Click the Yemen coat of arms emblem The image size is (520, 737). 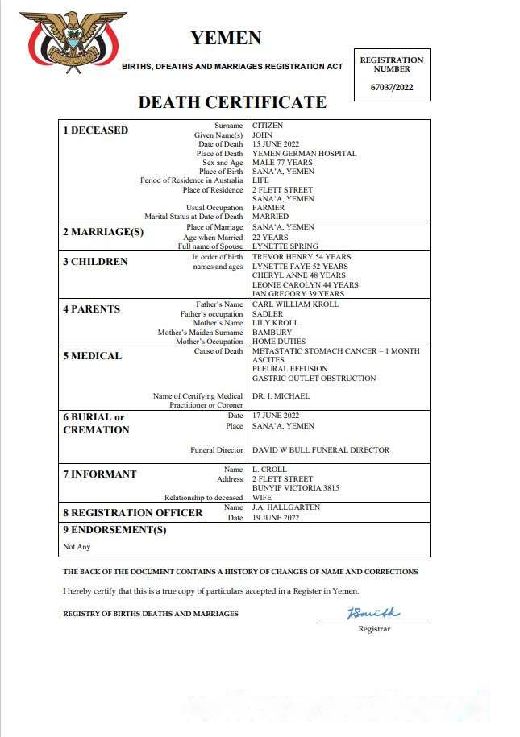coord(73,42)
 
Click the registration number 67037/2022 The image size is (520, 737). coord(391,87)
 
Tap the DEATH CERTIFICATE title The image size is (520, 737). coord(232,102)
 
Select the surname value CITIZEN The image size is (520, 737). coord(268,126)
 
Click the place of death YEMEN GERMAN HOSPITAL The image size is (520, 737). coord(304,153)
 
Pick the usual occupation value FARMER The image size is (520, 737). coord(268,208)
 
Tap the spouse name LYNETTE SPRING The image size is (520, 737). coord(285,246)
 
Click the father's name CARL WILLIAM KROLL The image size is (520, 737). coord(295,304)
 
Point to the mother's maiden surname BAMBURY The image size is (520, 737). coord(272,332)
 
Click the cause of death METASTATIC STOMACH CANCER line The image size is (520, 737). coord(335,351)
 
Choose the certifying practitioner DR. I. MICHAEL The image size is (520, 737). coord(281,396)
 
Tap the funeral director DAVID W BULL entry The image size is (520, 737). coord(321,450)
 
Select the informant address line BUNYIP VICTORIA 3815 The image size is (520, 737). coord(296,488)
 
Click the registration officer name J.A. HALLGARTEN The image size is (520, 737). coord(286,507)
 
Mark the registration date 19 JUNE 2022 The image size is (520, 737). coord(276,518)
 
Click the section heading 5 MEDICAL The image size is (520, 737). coord(93,356)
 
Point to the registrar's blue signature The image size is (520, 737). coord(373,614)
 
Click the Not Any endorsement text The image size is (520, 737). coord(77,547)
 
